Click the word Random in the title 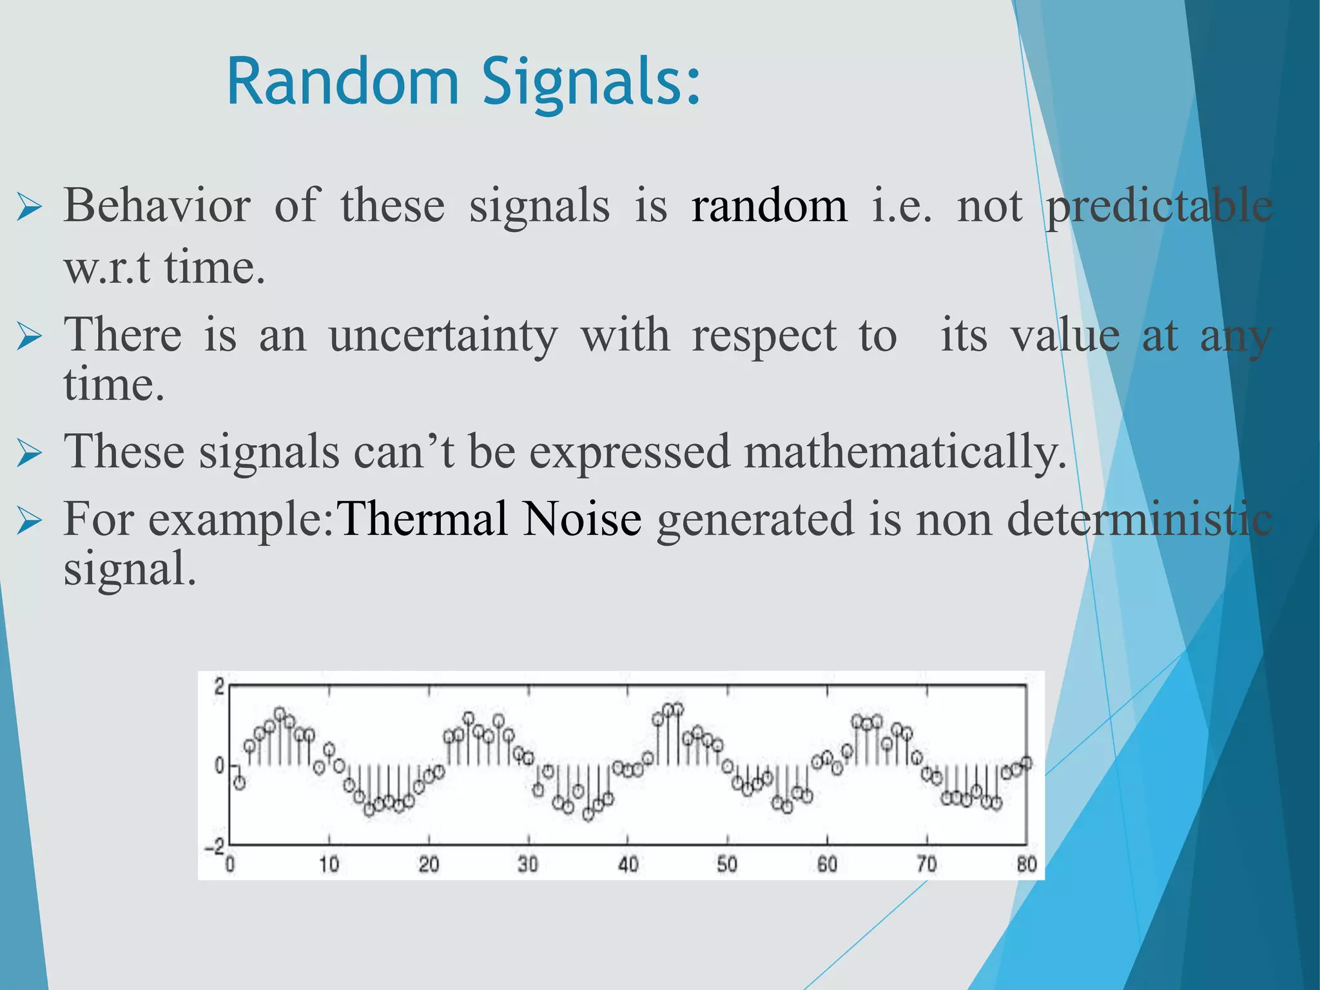(342, 82)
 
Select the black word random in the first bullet (769, 206)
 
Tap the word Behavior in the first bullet (157, 206)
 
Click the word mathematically (905, 452)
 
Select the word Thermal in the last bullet (423, 519)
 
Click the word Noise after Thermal (581, 519)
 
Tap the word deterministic (1139, 519)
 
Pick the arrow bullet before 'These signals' (30, 454)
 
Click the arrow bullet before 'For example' (30, 521)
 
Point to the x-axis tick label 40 (628, 864)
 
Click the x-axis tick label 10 (329, 864)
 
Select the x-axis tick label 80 (1026, 864)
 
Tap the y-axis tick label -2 (215, 847)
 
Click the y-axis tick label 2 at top (219, 686)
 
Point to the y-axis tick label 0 (219, 766)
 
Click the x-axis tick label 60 (827, 864)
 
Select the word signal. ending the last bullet (129, 570)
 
